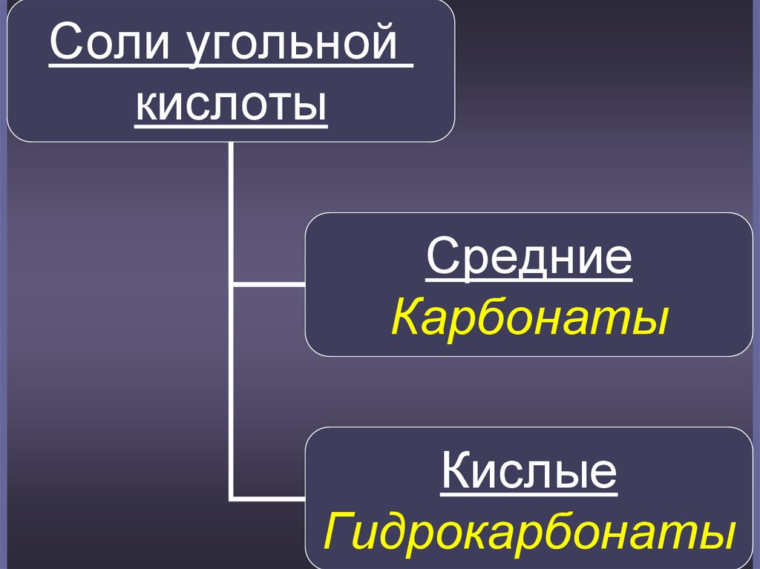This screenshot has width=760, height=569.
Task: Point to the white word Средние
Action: pyautogui.click(x=528, y=257)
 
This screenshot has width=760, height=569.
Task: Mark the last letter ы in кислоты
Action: pyautogui.click(x=312, y=105)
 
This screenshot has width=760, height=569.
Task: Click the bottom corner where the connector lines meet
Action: pyautogui.click(x=232, y=496)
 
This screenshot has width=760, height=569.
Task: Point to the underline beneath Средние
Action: pyautogui.click(x=528, y=280)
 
